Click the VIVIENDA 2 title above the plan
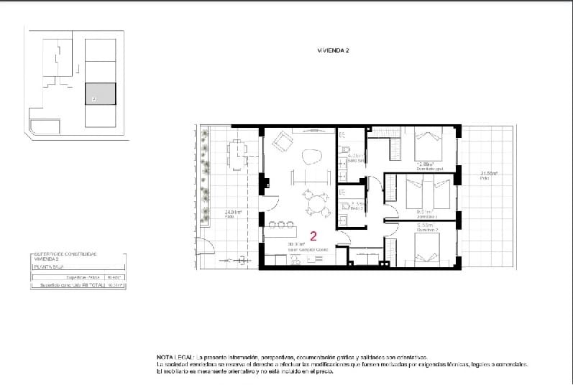333,51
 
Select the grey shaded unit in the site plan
100,95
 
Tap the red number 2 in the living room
313,235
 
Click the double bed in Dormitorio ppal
430,145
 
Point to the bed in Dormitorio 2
430,248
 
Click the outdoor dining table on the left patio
238,152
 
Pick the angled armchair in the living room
282,144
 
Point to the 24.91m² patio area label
232,213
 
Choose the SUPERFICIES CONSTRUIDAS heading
65,254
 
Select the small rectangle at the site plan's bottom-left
45,128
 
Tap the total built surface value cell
115,285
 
